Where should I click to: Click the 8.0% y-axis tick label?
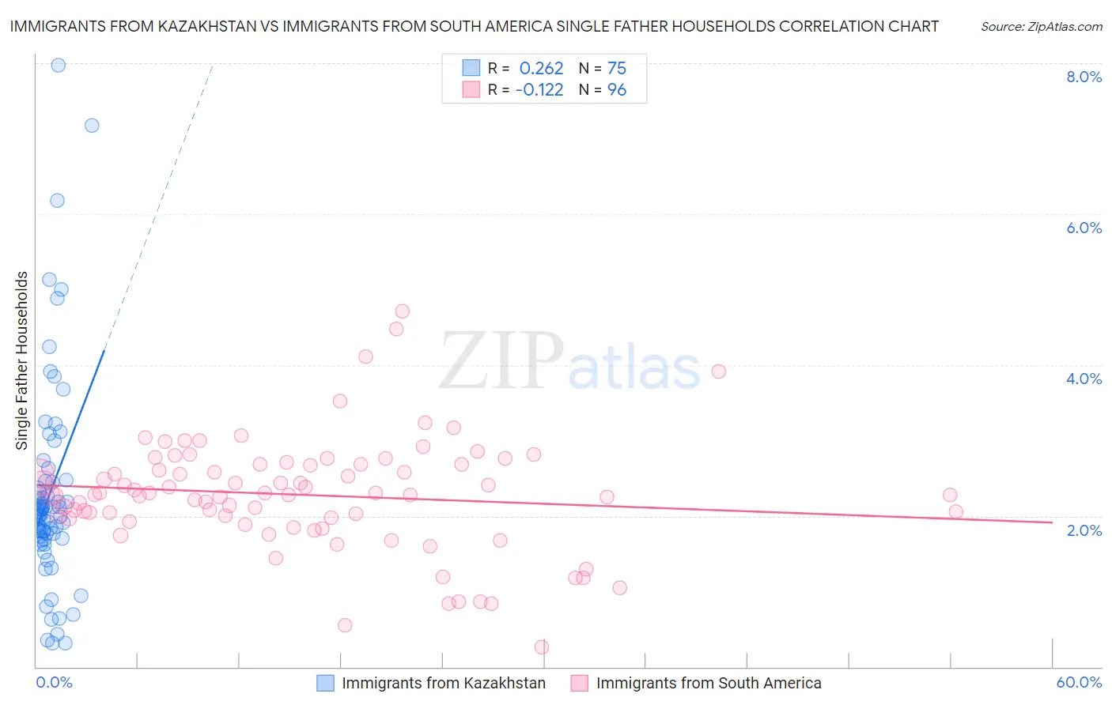[1084, 77]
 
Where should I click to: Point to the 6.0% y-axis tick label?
[1084, 228]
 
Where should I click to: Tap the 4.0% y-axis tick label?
[1084, 379]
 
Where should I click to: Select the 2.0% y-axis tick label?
[1084, 530]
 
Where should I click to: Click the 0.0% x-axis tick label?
[54, 682]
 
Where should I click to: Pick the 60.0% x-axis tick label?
[1079, 682]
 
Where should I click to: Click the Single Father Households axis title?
[21, 360]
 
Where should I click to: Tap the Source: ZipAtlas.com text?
[1042, 27]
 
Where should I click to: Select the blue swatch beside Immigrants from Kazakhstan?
[325, 683]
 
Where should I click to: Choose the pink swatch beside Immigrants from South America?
[580, 683]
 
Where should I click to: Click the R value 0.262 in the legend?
[541, 69]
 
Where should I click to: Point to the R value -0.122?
[539, 90]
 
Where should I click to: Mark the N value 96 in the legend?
[617, 90]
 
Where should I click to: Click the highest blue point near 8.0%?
[58, 65]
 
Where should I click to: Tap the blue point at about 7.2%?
[92, 125]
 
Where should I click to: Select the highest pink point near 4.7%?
[402, 311]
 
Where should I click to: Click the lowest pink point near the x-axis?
[542, 647]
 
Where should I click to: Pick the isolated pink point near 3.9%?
[718, 371]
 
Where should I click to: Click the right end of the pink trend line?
[1052, 522]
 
